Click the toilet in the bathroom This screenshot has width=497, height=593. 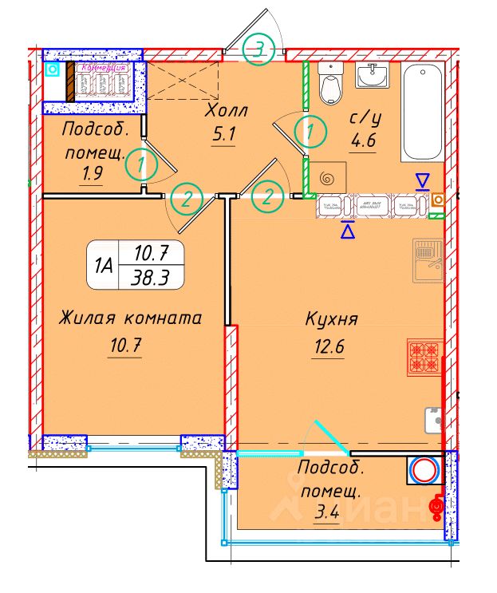click(x=329, y=82)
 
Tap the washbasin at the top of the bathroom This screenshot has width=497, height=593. click(x=371, y=78)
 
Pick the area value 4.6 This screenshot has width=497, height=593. click(x=363, y=144)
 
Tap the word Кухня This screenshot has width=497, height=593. click(x=331, y=319)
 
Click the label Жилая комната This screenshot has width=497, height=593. click(x=130, y=318)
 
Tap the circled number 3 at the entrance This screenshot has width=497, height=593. click(x=258, y=49)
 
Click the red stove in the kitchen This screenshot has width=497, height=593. click(x=424, y=357)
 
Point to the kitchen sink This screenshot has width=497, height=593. click(x=428, y=262)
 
